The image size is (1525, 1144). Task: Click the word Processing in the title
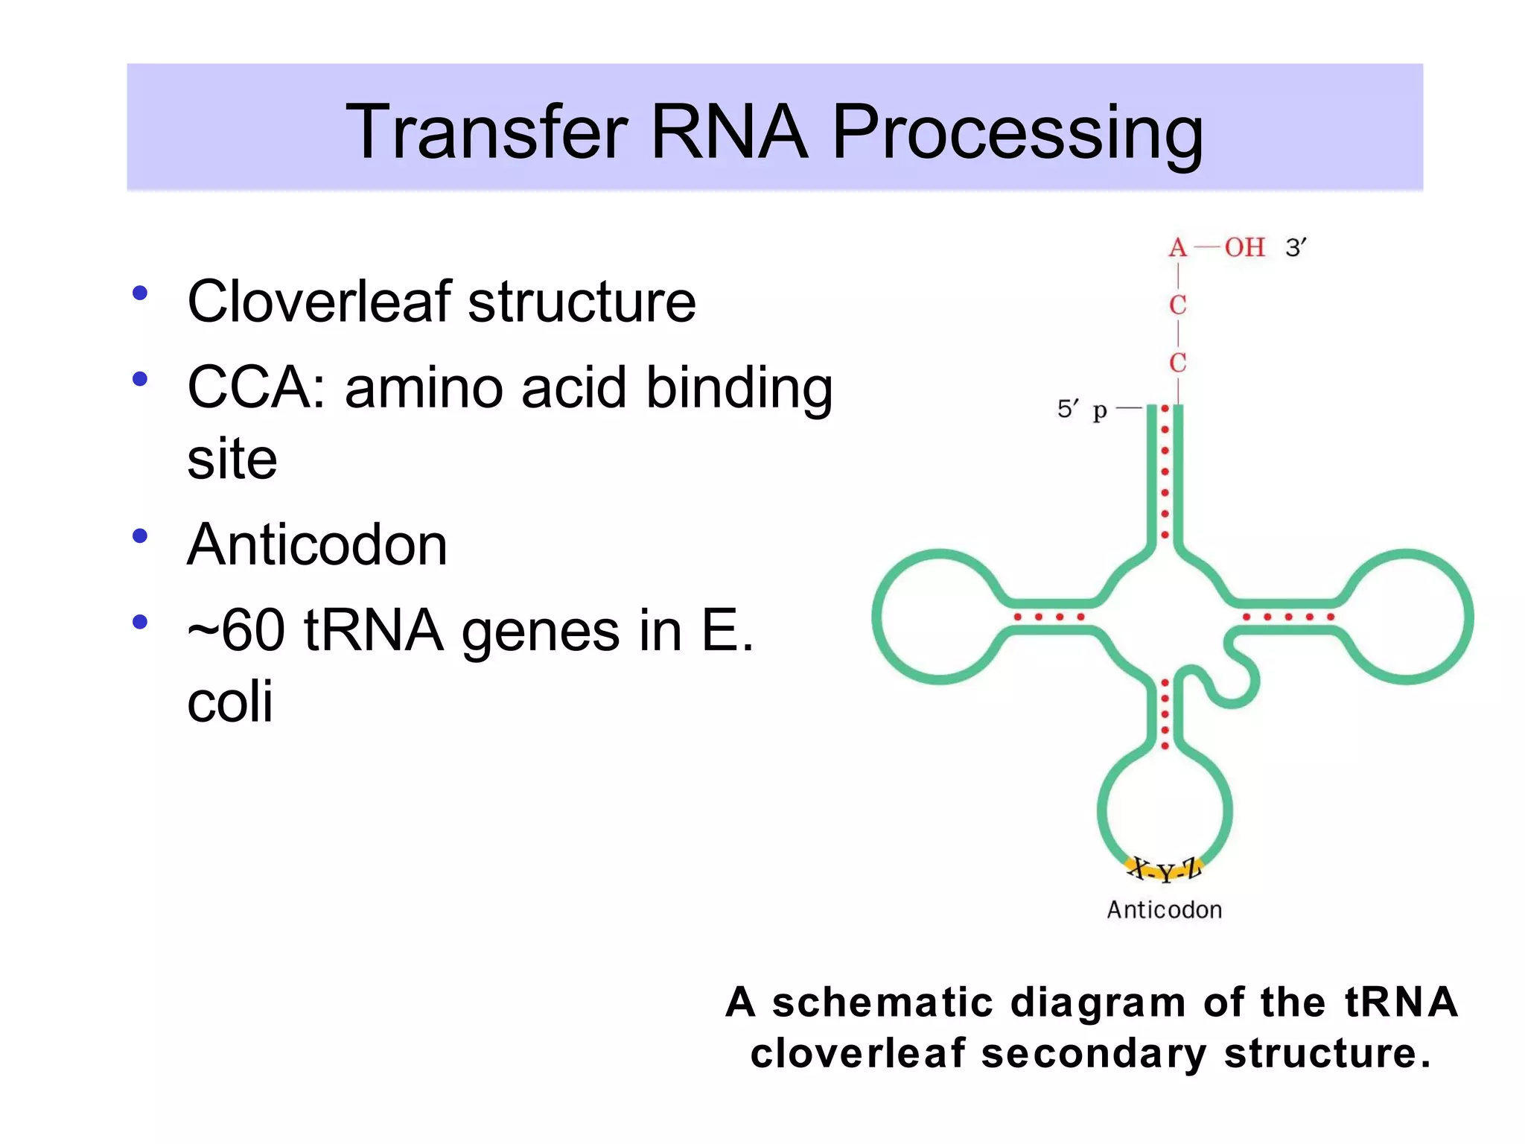pyautogui.click(x=1016, y=133)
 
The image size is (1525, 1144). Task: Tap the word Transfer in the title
pyautogui.click(x=487, y=133)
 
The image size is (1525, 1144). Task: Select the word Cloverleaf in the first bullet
pyautogui.click(x=319, y=302)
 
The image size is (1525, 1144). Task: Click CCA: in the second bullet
pyautogui.click(x=257, y=388)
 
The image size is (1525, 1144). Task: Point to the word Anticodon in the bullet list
pyautogui.click(x=317, y=545)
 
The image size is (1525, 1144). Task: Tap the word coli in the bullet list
pyautogui.click(x=229, y=702)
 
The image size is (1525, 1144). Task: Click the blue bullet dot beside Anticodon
pyautogui.click(x=139, y=536)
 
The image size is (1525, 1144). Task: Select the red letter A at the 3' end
pyautogui.click(x=1177, y=247)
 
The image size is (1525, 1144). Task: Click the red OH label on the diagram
pyautogui.click(x=1244, y=247)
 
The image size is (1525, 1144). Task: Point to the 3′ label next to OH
pyautogui.click(x=1296, y=247)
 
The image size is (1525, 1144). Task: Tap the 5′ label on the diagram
pyautogui.click(x=1068, y=409)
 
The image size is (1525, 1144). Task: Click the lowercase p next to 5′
pyautogui.click(x=1100, y=410)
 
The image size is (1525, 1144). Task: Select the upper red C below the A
pyautogui.click(x=1177, y=305)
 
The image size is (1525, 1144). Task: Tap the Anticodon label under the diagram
pyautogui.click(x=1164, y=910)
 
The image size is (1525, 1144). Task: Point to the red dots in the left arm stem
pyautogui.click(x=1048, y=617)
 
